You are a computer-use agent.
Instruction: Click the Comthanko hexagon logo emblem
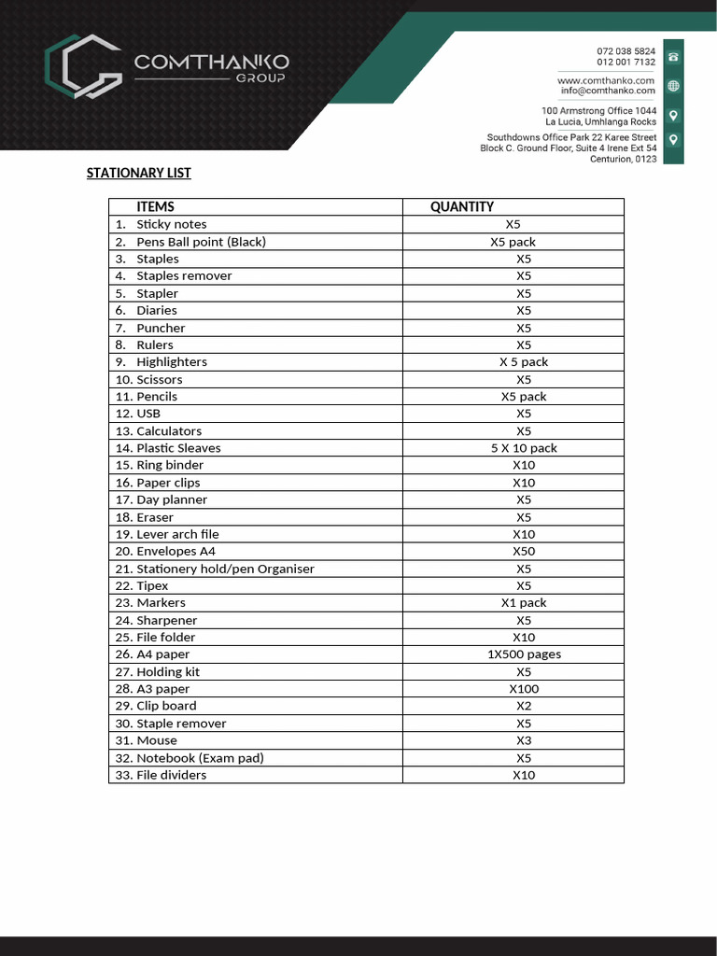83,67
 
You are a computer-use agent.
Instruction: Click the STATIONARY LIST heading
138,173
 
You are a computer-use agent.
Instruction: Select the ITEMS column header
155,206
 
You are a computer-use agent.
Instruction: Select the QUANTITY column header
461,206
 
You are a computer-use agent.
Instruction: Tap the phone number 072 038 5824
626,50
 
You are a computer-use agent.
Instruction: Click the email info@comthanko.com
608,91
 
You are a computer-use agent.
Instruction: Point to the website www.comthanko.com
606,80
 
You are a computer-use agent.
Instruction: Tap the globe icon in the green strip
673,86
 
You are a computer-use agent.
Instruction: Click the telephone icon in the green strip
673,57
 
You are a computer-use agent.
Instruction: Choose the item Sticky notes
172,224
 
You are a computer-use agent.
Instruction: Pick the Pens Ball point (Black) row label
201,242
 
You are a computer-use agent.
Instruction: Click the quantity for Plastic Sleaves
524,448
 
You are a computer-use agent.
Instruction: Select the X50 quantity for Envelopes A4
524,551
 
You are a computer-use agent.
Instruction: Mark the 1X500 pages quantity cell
524,654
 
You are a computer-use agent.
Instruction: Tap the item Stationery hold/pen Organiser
225,569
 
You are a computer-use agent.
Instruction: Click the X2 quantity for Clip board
524,706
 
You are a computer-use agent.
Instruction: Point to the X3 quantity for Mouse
524,740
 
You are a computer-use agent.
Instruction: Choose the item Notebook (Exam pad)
200,757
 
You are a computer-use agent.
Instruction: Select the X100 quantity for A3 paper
524,689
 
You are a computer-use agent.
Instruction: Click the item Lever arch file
177,534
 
